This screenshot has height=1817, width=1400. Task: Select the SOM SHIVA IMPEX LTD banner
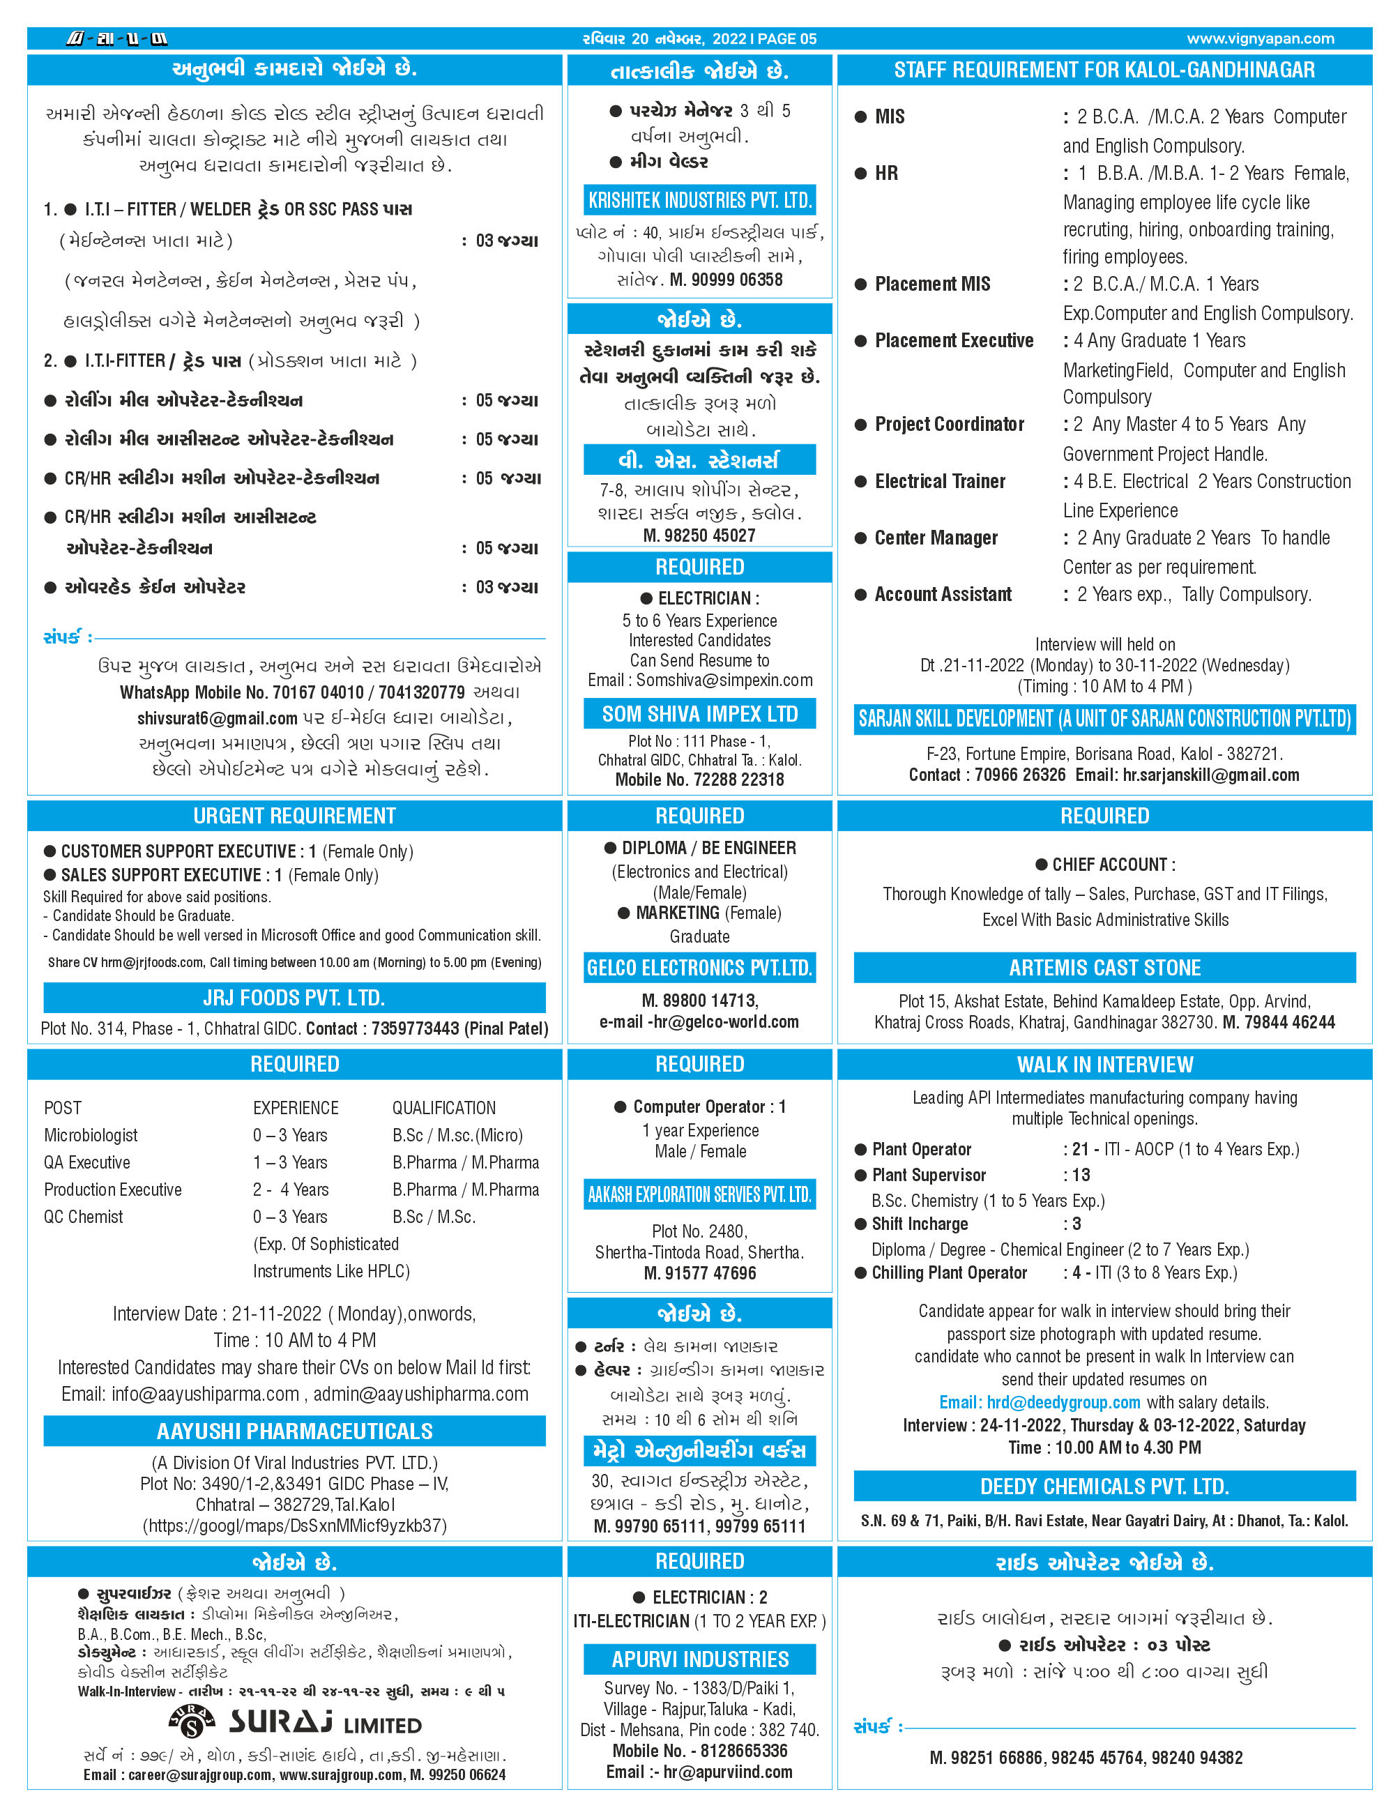(699, 714)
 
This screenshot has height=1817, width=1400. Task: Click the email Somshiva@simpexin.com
(724, 680)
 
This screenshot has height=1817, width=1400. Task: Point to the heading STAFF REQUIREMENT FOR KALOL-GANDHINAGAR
(1104, 70)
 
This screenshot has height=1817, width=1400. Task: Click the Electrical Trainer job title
(939, 481)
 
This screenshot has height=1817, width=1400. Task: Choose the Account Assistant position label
(943, 594)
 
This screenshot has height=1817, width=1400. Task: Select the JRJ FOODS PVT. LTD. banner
(294, 998)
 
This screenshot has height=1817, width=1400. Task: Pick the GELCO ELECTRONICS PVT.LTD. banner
(699, 968)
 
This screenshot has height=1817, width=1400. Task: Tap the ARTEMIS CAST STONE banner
(1104, 968)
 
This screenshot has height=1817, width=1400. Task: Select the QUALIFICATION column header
(443, 1107)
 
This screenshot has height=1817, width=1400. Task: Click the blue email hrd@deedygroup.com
(1039, 1402)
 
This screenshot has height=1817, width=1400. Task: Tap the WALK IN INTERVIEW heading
(1104, 1064)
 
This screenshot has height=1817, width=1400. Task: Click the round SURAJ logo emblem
(192, 1721)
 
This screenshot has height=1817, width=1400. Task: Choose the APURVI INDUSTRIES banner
(699, 1659)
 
